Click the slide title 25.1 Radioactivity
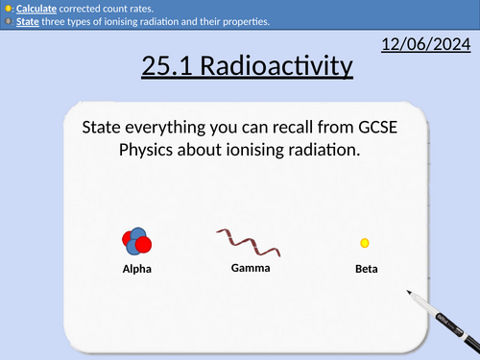click(247, 66)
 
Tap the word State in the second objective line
click(28, 20)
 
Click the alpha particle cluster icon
click(136, 244)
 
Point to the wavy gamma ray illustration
click(250, 243)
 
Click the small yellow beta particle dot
click(365, 244)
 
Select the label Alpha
click(136, 269)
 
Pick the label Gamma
click(251, 268)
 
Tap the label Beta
click(366, 270)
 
